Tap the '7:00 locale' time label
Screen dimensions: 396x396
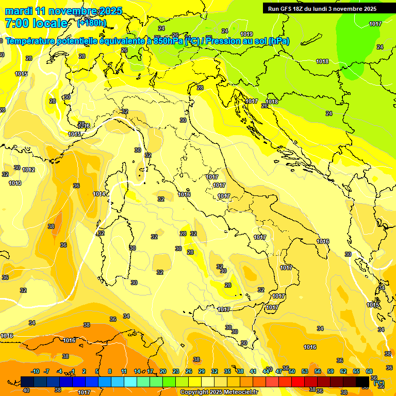[x=36, y=23]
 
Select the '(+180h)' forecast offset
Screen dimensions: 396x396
[x=92, y=23]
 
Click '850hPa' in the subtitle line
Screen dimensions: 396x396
[x=167, y=41]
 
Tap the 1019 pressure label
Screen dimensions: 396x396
[x=246, y=34]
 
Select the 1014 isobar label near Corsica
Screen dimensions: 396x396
[x=100, y=194]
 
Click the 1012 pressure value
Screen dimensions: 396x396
[x=28, y=170]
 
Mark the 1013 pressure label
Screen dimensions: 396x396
[x=15, y=183]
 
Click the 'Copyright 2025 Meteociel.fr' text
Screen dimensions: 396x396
[x=219, y=392]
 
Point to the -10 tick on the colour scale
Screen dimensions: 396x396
[x=35, y=371]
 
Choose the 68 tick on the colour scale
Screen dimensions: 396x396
[x=369, y=371]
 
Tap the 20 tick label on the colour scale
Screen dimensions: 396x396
[x=162, y=371]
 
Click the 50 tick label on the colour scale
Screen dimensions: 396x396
[x=292, y=371]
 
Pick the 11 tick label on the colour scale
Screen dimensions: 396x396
[x=124, y=371]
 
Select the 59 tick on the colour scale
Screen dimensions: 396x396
[x=331, y=371]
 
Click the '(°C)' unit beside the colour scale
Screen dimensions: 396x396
[x=379, y=383]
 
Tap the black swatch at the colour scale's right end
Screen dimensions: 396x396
[x=362, y=381]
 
